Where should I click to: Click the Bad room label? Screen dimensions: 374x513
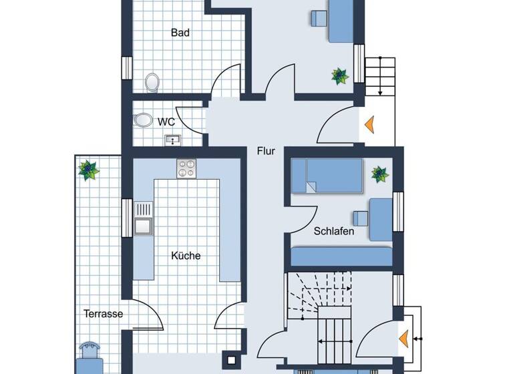click(180, 32)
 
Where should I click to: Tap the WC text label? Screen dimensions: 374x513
click(166, 122)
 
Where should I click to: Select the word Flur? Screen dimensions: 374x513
click(266, 151)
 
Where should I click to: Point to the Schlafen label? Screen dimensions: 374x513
click(334, 232)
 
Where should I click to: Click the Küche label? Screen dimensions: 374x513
click(186, 256)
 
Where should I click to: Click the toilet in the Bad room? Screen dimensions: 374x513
click(153, 82)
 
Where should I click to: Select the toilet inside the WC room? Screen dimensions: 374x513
click(142, 120)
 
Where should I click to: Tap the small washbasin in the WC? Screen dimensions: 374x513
click(173, 140)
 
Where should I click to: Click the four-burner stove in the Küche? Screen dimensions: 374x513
click(186, 169)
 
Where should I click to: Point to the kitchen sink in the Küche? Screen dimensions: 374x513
click(143, 218)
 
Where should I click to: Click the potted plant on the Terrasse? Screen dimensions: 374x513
click(88, 170)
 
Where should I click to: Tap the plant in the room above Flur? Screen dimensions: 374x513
click(340, 75)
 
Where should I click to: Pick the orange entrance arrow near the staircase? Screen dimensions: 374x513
click(404, 339)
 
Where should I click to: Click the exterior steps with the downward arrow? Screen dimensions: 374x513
click(379, 76)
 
